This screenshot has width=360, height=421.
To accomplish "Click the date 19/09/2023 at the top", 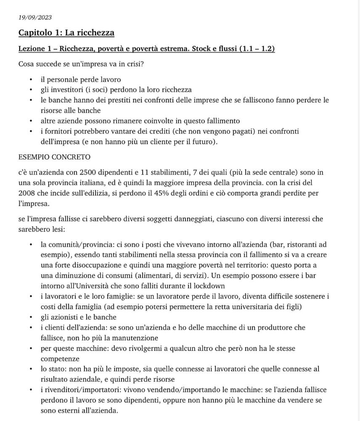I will click(x=35, y=17).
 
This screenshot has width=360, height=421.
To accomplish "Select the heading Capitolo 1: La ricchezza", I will click(x=66, y=33).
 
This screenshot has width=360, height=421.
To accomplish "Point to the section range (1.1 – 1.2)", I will click(x=257, y=49).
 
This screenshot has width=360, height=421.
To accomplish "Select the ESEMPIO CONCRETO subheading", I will click(x=55, y=157).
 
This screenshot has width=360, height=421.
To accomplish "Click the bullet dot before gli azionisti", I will click(x=31, y=317).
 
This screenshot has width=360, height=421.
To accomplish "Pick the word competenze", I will click(x=60, y=359).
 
